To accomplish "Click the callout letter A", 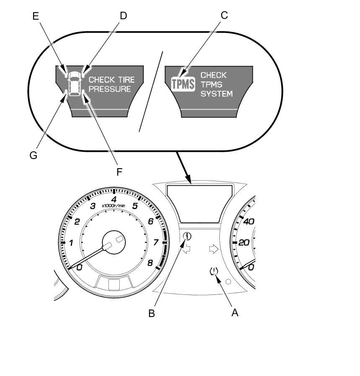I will (x=235, y=312).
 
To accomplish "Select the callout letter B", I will (x=152, y=313).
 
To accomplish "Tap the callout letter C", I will (x=224, y=15).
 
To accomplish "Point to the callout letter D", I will (x=123, y=16).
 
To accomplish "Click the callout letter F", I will (x=119, y=172).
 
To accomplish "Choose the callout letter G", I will (x=33, y=155).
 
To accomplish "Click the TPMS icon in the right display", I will (x=183, y=84).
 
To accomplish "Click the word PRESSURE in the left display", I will (x=110, y=89).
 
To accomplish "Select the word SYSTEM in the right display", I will (x=216, y=94).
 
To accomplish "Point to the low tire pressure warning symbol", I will (x=214, y=271).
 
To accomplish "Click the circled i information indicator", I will (x=187, y=236).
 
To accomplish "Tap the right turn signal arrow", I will (x=213, y=250).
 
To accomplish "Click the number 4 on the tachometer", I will (x=113, y=199).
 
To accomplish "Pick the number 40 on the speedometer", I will (x=249, y=221).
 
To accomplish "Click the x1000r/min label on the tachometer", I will (x=113, y=206).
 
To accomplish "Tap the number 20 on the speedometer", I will (x=244, y=243).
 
